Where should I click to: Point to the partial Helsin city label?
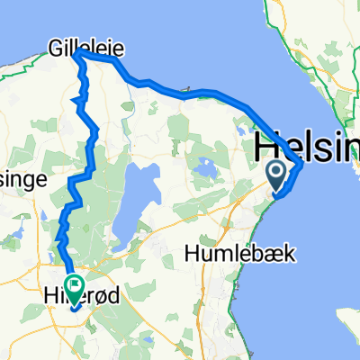tap(306, 146)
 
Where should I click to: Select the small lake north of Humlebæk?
tap(205, 168)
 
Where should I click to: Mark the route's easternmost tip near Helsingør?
tap(301, 163)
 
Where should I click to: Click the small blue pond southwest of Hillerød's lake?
tap(44, 216)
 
